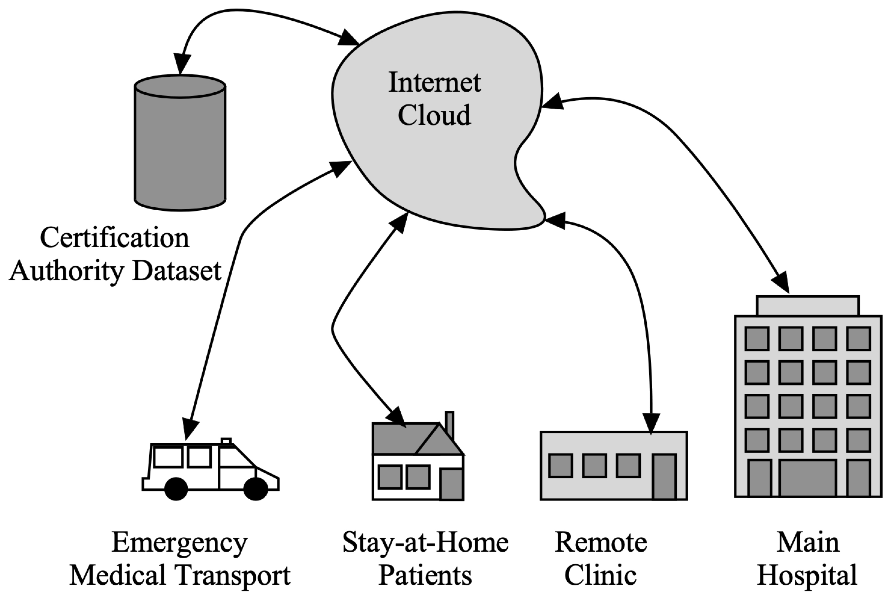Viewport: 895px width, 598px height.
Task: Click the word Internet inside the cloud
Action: point(435,82)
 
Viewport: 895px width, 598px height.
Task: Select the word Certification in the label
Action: point(114,238)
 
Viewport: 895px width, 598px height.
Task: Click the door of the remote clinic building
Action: point(664,476)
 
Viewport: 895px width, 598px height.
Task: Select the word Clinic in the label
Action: point(601,575)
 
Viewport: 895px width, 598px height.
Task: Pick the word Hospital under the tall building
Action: point(807,575)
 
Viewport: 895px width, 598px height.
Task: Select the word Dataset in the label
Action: point(176,271)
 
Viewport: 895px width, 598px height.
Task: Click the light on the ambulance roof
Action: point(226,441)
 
